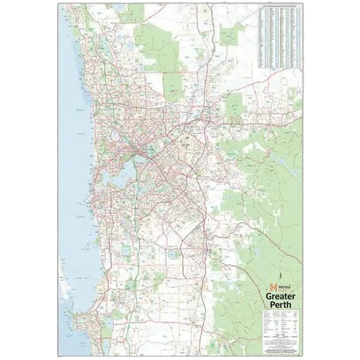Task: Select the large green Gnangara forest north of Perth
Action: coord(155,43)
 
